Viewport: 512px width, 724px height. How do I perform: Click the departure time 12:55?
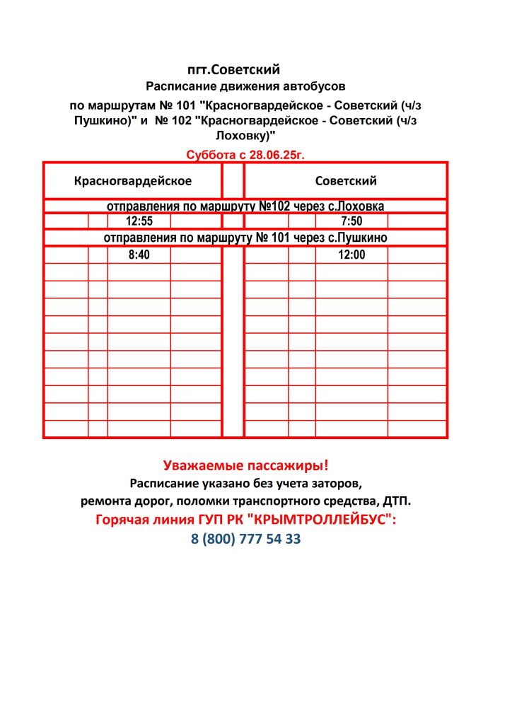coord(139,221)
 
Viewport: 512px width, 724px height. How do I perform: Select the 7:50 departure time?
coord(351,221)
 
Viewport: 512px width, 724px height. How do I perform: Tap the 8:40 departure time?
coord(139,255)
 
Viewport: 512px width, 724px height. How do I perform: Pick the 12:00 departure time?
coord(351,255)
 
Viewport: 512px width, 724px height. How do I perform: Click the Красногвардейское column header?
coord(133,181)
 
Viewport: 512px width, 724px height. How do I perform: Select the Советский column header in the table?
coord(346,181)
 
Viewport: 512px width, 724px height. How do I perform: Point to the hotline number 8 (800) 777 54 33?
coord(245,539)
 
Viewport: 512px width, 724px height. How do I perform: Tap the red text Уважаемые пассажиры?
coord(245,466)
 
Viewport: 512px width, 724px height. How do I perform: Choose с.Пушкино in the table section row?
coord(359,238)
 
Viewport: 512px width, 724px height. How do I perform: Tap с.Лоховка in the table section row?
coord(359,206)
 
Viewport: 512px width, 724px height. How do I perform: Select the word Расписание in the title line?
coord(180,87)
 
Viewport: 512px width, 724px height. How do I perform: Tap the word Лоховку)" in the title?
coord(245,134)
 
